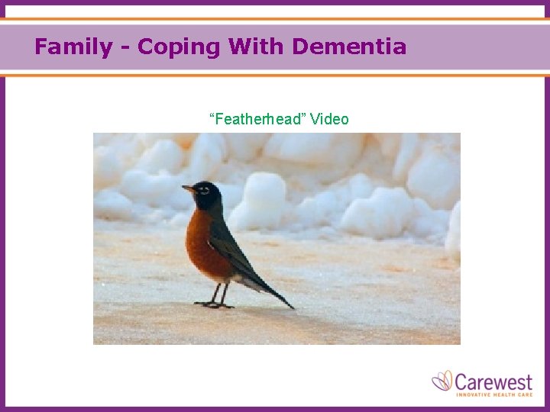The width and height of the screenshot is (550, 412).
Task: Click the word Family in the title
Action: tap(73, 47)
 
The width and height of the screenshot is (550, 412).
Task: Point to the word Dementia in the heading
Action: tap(349, 47)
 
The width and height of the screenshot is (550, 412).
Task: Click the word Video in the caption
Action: tap(329, 119)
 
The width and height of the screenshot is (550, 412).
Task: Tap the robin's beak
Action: tap(186, 187)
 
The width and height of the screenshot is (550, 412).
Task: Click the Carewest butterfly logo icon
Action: tap(442, 381)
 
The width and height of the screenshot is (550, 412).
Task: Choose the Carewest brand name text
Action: tap(495, 379)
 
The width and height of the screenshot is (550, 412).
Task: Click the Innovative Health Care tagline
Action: tap(495, 394)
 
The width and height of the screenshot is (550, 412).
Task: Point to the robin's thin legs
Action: tap(219, 292)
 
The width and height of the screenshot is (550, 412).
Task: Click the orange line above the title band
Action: tap(275, 18)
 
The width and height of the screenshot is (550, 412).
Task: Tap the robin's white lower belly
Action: tap(244, 282)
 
